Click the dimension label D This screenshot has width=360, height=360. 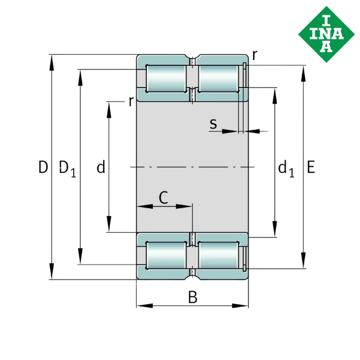click(43, 167)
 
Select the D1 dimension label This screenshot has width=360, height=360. click(67, 169)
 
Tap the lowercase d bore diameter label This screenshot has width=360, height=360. click(101, 167)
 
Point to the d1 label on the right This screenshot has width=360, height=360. click(286, 169)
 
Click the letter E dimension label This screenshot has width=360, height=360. click(310, 167)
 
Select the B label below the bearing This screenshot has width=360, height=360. click(192, 297)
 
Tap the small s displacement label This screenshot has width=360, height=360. click(213, 124)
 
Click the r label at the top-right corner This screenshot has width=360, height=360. click(255, 56)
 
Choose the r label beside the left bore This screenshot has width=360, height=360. click(131, 101)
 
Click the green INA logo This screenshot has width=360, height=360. click(326, 34)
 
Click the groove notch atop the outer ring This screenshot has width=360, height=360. click(192, 59)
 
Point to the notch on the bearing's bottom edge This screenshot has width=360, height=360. click(192, 276)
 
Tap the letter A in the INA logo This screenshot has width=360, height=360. click(326, 46)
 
